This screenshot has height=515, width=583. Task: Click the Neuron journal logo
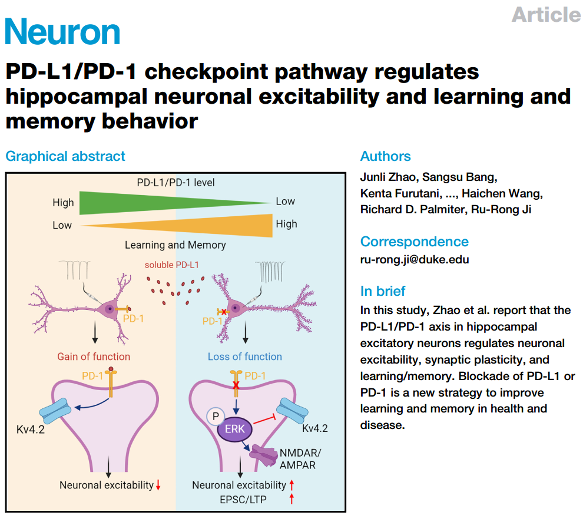(x=62, y=32)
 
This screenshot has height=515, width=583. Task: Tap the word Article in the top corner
(x=546, y=14)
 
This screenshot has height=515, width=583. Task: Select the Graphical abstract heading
(x=65, y=156)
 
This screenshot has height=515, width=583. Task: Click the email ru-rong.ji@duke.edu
(x=415, y=259)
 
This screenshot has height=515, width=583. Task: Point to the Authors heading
(x=385, y=156)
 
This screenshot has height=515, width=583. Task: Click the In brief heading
(x=383, y=290)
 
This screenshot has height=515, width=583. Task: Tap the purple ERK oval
(x=235, y=429)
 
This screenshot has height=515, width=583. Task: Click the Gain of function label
(x=94, y=356)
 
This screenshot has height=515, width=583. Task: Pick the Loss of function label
(x=244, y=356)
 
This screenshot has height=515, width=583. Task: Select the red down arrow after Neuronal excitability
(x=158, y=486)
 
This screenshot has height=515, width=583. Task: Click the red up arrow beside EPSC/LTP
(x=291, y=499)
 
